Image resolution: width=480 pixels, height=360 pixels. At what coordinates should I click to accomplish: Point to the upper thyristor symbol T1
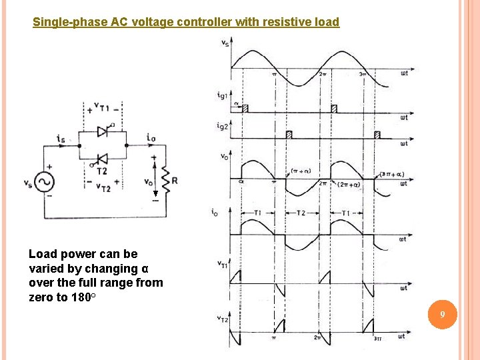click(x=103, y=132)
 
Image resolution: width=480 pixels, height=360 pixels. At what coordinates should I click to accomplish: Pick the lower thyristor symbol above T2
click(x=103, y=159)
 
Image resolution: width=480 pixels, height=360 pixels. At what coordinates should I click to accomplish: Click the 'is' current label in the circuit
click(x=61, y=139)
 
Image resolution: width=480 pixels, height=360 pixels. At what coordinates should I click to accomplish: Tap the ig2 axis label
click(x=222, y=125)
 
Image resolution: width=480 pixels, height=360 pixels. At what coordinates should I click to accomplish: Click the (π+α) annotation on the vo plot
click(x=301, y=170)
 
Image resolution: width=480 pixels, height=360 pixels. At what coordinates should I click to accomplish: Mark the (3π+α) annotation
click(x=391, y=174)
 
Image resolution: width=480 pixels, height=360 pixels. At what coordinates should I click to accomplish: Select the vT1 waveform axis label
click(x=222, y=265)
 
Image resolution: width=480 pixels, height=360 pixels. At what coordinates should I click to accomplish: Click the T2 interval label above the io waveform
click(x=299, y=213)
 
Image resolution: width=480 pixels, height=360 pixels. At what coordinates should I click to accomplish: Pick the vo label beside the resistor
click(x=148, y=181)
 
